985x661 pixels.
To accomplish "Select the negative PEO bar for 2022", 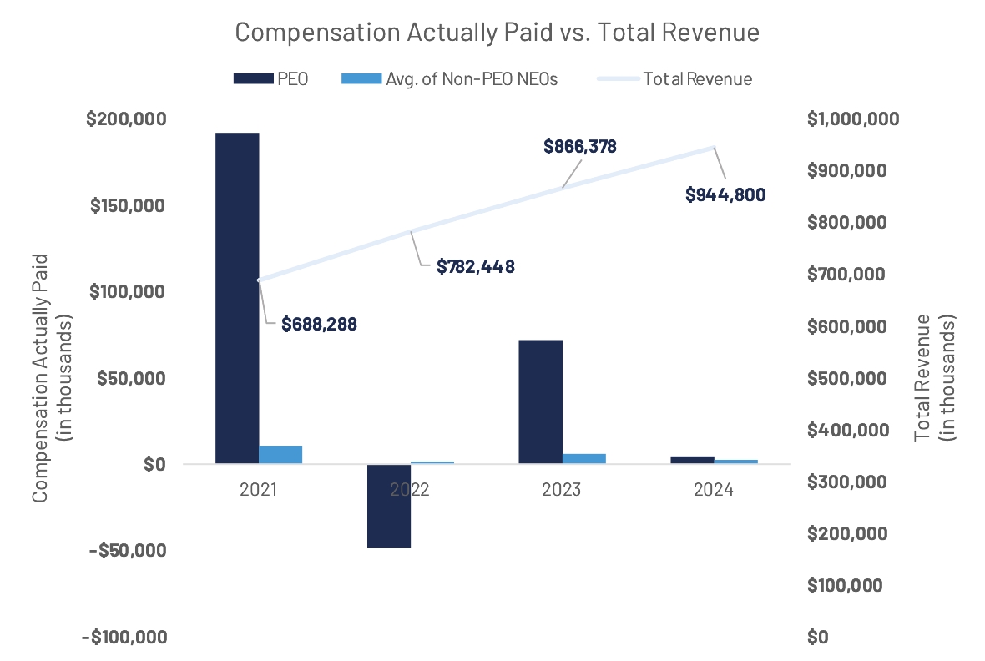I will click(389, 506).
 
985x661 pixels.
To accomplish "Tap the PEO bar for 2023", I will click(540, 401).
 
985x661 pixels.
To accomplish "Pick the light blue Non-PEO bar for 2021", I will click(280, 455).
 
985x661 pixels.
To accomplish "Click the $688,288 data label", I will click(319, 324).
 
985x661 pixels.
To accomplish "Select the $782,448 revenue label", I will click(476, 267).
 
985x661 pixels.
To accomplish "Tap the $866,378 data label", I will click(580, 147).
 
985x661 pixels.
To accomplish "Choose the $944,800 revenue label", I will click(725, 194).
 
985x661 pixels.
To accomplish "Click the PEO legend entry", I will click(271, 79).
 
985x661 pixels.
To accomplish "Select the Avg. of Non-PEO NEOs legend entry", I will click(450, 79).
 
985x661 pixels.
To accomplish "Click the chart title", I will click(498, 33).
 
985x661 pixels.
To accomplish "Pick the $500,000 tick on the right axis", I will click(846, 378).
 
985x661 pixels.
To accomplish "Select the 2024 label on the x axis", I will click(713, 490).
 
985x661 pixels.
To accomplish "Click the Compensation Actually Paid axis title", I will click(50, 377).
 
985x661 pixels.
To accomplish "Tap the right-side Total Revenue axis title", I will click(934, 377).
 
